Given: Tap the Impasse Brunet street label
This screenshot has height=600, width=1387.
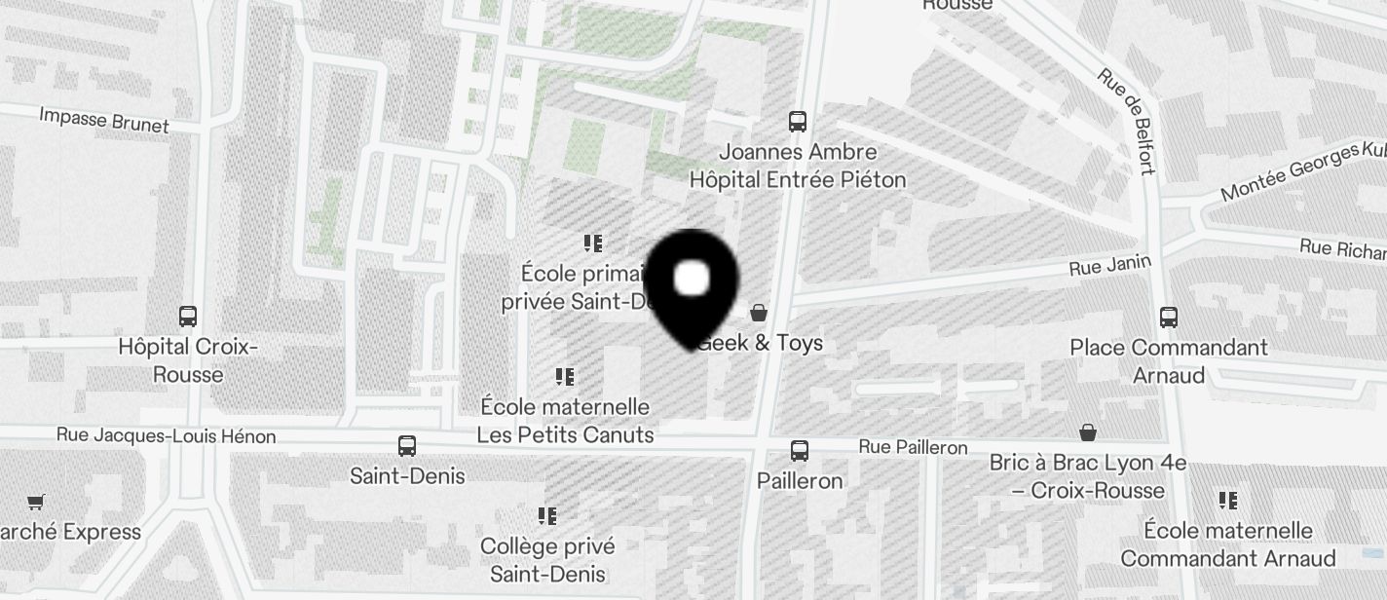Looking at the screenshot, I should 104,120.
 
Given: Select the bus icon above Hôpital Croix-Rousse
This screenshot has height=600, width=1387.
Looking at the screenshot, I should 188,317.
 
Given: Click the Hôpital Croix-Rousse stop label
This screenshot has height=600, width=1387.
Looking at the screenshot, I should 188,360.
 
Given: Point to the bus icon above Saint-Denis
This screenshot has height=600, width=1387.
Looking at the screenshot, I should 407,446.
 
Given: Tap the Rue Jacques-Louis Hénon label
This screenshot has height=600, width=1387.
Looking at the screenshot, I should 166,436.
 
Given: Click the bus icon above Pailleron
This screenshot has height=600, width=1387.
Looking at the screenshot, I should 800,451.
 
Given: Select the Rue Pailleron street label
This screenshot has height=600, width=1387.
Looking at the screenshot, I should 913,447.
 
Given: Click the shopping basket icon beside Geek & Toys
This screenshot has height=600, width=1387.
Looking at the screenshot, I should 759,313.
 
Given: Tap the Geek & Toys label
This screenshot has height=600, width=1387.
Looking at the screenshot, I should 762,343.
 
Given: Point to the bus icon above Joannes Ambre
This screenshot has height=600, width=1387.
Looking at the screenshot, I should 798,122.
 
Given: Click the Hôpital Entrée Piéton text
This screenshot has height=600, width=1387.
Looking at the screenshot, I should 798,179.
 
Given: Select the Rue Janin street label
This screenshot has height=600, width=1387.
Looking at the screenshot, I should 1110,265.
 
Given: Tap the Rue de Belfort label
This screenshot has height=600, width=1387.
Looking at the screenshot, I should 1126,121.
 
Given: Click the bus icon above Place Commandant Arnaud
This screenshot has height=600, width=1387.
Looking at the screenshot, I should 1169,317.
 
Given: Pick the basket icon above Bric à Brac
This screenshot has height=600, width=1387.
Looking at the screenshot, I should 1088,432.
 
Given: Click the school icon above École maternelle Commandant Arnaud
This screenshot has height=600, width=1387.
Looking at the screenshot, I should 1228,501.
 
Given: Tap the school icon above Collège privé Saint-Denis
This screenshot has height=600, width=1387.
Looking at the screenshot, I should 547,515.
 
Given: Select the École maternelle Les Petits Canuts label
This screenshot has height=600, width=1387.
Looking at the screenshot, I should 565,420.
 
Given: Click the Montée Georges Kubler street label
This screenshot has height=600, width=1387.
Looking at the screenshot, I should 1303,171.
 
